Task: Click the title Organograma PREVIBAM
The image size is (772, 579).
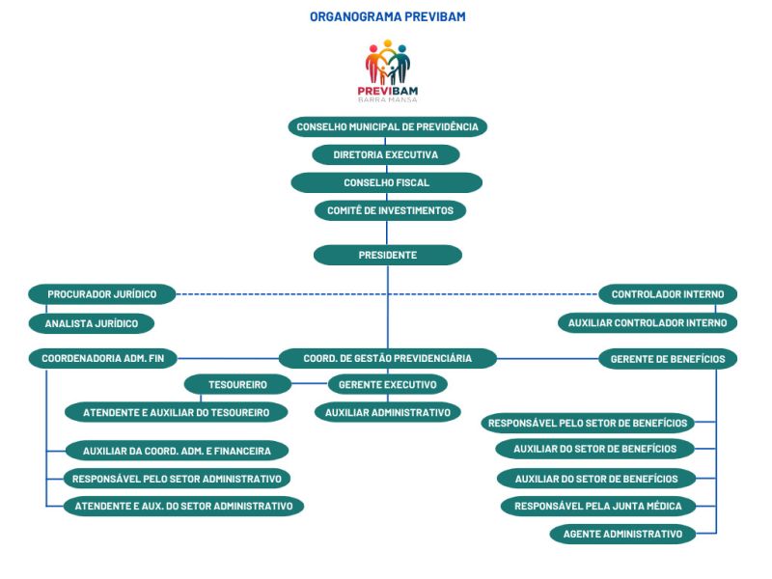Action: (x=388, y=16)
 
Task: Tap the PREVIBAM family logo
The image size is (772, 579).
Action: (x=388, y=70)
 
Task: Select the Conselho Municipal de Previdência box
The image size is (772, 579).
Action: (x=388, y=127)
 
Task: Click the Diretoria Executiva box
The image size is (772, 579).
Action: (x=385, y=154)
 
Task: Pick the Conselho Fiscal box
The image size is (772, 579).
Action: (x=387, y=182)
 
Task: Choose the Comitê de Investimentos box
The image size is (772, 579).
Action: (x=390, y=210)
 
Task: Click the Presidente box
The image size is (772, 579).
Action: (x=388, y=255)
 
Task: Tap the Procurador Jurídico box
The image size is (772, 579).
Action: (x=102, y=294)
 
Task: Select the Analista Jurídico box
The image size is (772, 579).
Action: (x=92, y=323)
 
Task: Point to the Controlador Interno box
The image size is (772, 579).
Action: (x=668, y=294)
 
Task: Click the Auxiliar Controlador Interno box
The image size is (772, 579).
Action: (x=648, y=323)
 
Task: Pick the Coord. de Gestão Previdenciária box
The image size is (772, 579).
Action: (x=388, y=358)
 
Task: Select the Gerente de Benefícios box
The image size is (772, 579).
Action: (x=668, y=359)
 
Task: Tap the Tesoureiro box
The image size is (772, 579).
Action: (x=237, y=384)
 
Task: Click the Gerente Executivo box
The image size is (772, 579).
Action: (x=388, y=384)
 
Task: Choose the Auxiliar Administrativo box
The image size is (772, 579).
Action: (x=388, y=413)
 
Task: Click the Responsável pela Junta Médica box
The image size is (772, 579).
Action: (x=598, y=506)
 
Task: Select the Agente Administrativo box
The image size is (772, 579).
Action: (x=622, y=535)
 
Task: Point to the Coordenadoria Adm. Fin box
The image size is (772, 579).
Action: (x=103, y=358)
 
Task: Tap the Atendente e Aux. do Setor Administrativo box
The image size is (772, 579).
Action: (x=183, y=506)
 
